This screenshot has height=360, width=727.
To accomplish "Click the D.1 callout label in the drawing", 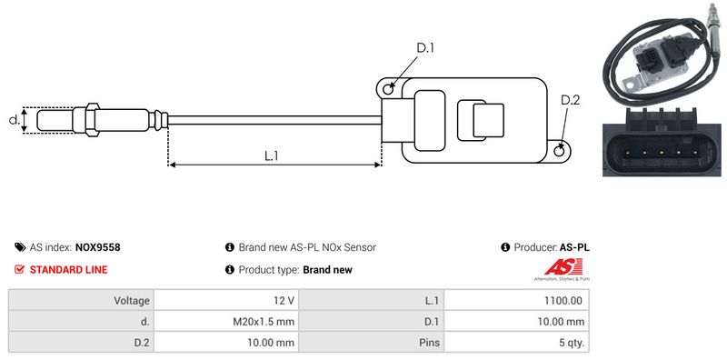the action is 425,48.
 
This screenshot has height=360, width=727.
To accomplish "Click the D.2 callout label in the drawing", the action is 571,100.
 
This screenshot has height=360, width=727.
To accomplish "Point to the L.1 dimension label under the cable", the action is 271,155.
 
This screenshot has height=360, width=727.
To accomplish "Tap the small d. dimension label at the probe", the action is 15,120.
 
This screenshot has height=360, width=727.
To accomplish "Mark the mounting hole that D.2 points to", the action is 560,150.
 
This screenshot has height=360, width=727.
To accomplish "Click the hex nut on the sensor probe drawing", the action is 92,120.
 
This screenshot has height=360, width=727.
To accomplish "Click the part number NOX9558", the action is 98,247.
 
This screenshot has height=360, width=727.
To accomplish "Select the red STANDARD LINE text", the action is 69,269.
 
